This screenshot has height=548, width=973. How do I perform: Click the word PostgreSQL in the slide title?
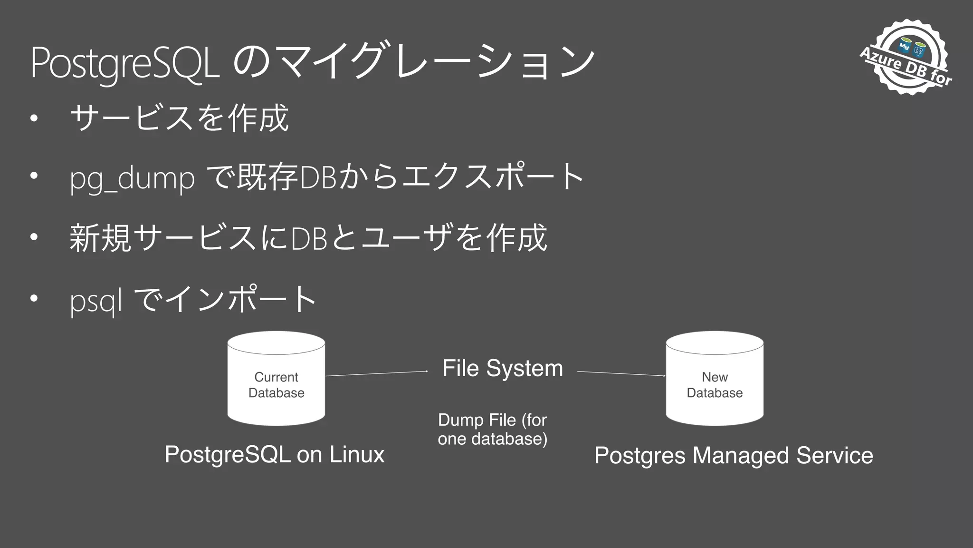(124, 63)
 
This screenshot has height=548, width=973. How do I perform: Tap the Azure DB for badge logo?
(908, 57)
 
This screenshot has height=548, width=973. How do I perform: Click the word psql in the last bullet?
(95, 301)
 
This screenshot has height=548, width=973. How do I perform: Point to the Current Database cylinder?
(276, 379)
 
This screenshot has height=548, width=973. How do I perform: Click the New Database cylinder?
(715, 379)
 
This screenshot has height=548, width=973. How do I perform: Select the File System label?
(502, 368)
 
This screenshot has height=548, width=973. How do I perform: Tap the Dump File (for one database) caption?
(492, 429)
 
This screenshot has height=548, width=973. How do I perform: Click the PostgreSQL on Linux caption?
(274, 454)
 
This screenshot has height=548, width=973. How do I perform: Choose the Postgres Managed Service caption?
(734, 455)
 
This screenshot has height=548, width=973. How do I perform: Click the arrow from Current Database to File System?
(376, 373)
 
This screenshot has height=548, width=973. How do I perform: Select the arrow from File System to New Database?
(621, 373)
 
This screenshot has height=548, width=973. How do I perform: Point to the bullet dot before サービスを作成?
(33, 118)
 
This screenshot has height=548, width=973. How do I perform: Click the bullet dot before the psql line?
(33, 299)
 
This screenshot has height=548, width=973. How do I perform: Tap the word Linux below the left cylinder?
(357, 454)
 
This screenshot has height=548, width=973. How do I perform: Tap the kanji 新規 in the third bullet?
(100, 238)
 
